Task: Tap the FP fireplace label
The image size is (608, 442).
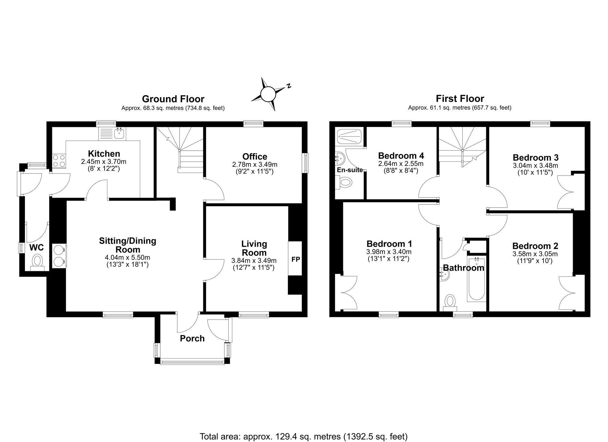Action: (x=295, y=259)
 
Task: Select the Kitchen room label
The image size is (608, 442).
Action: (x=104, y=153)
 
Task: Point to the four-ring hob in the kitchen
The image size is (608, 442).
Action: (x=59, y=161)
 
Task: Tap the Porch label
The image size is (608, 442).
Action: (x=192, y=338)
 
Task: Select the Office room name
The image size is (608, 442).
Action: (x=255, y=156)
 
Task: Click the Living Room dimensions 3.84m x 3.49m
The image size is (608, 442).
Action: (x=254, y=260)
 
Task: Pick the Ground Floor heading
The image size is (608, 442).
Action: (x=173, y=99)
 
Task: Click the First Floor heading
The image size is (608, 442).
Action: (x=460, y=99)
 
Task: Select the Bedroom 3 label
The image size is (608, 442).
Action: (x=535, y=158)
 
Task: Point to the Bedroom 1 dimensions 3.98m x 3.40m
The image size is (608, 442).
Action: (x=389, y=252)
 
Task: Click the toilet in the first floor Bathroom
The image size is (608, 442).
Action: (x=450, y=303)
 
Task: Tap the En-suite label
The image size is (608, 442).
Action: (x=350, y=170)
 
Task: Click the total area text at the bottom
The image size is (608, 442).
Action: (x=303, y=437)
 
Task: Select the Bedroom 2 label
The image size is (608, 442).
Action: (x=535, y=246)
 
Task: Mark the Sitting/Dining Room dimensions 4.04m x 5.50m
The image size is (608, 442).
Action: (x=127, y=258)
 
